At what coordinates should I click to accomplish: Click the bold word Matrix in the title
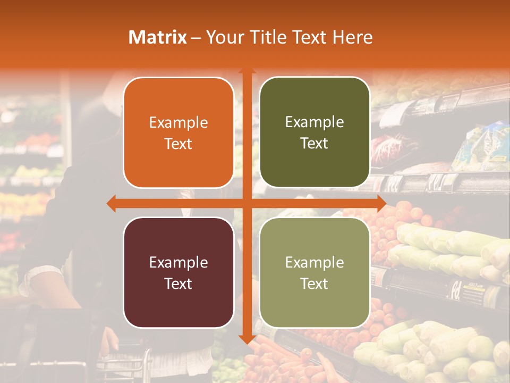tap(158, 37)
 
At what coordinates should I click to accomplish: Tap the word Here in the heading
tap(353, 37)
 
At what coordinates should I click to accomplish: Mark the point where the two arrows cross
tap(246, 203)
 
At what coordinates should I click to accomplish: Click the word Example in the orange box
tap(178, 123)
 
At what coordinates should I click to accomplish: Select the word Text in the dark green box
tap(314, 144)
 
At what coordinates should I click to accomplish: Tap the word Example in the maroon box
tap(178, 262)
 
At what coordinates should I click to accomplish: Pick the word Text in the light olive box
tap(314, 284)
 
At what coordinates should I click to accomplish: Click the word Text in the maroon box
tap(178, 284)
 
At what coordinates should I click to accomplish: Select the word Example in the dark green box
tap(314, 122)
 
